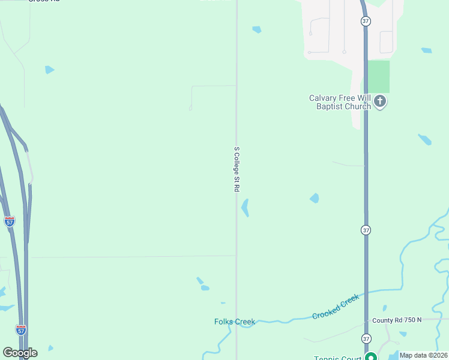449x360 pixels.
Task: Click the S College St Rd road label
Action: [237, 169]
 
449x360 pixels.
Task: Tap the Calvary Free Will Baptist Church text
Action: [340, 102]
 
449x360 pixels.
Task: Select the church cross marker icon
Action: [380, 101]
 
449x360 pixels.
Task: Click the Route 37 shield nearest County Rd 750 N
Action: [366, 338]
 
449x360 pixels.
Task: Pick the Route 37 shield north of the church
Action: [366, 21]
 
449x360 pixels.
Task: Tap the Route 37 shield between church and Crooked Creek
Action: [366, 230]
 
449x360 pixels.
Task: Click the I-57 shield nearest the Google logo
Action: [21, 329]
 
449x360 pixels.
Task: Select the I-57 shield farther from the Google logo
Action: [9, 221]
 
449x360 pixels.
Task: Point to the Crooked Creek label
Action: [336, 306]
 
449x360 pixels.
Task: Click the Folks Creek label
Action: [235, 322]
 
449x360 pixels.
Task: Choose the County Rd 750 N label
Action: [397, 320]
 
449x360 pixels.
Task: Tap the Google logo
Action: [20, 353]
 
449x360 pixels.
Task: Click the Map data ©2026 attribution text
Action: [423, 355]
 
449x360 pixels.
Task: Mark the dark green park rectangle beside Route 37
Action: [378, 76]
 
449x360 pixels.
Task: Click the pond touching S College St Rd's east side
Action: [245, 208]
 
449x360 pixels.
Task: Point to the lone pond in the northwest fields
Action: [49, 70]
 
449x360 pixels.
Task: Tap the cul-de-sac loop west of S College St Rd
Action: [190, 108]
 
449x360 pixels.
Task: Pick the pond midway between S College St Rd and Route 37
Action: [314, 198]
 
